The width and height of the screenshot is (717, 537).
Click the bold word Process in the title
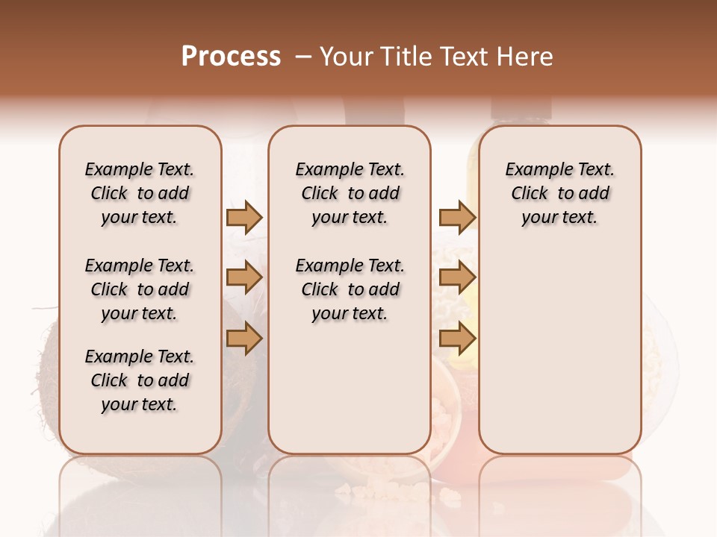[x=230, y=56]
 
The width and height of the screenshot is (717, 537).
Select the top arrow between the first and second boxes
[x=244, y=218]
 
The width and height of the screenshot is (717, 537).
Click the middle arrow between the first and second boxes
[x=244, y=277]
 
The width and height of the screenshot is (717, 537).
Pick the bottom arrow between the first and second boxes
[x=244, y=339]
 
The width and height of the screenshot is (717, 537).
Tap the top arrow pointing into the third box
[x=457, y=218]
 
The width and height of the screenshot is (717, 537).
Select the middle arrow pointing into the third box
[x=457, y=277]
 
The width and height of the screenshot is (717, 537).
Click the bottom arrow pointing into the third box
[x=457, y=339]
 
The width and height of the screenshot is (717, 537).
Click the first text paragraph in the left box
[x=140, y=193]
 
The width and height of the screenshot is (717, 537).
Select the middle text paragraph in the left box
[x=140, y=289]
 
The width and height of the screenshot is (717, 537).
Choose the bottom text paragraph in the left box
[x=140, y=380]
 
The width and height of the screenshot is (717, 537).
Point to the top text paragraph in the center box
[x=350, y=193]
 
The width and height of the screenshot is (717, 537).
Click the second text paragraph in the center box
[x=350, y=289]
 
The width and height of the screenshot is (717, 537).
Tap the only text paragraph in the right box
[x=559, y=193]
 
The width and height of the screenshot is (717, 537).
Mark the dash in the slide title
[x=303, y=56]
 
